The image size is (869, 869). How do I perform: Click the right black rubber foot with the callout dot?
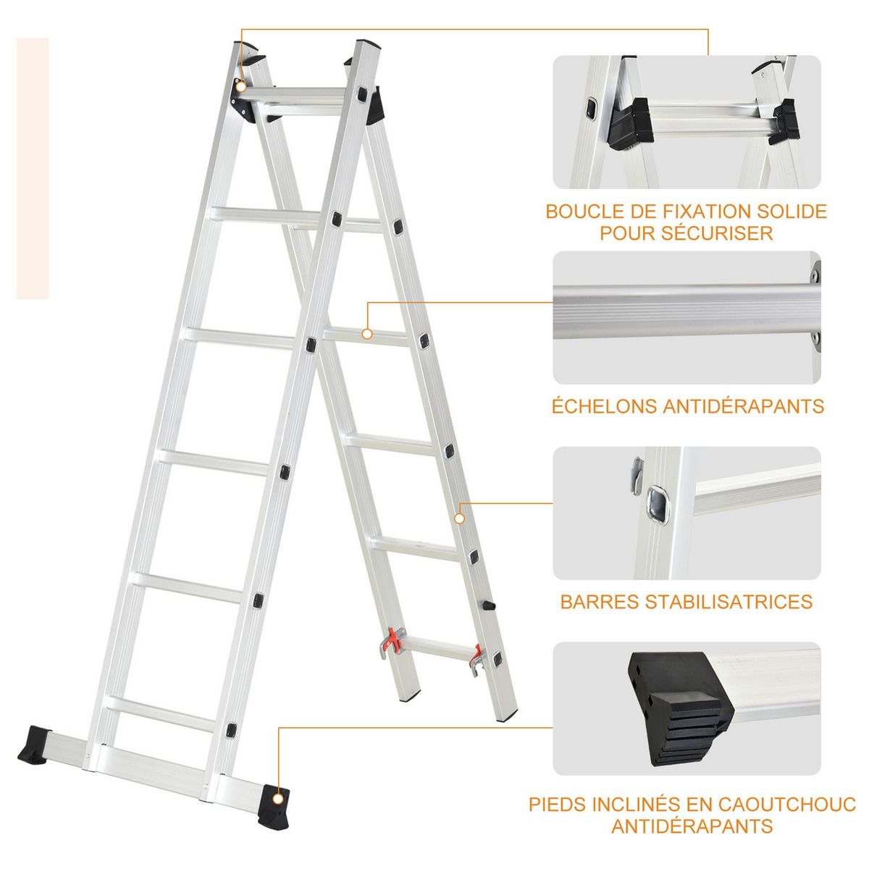274,800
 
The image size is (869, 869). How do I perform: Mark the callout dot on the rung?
367,335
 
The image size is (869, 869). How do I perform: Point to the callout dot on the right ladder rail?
458,519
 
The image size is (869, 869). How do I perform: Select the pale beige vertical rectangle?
33,168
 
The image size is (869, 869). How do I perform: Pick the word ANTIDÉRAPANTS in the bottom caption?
692,826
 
